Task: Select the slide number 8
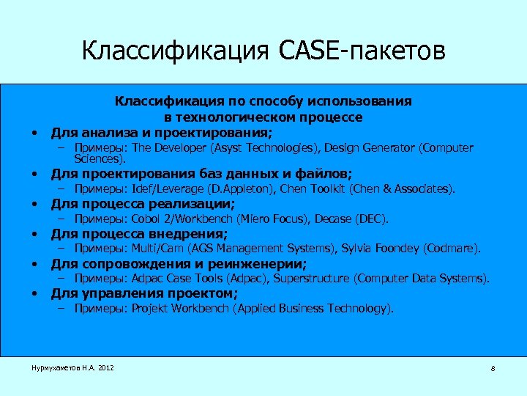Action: (493, 369)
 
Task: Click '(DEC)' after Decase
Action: (373, 219)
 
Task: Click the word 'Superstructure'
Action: (315, 279)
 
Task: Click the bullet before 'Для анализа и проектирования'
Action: (34, 133)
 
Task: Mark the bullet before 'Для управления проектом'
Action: (34, 294)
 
